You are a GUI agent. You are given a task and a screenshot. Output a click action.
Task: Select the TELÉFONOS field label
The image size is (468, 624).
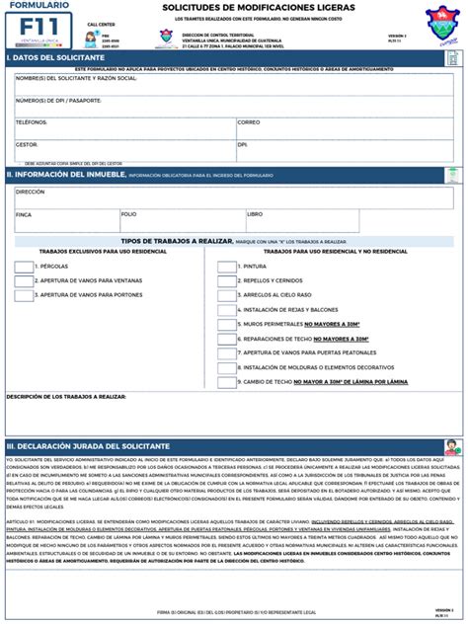tap(32, 122)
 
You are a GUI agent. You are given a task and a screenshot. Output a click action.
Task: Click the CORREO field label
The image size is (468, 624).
tap(248, 122)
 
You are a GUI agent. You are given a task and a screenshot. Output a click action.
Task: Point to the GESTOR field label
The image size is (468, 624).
tap(26, 144)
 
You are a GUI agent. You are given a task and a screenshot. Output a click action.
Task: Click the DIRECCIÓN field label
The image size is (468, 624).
tap(30, 192)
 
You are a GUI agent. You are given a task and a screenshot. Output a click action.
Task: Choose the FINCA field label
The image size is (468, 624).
tap(24, 213)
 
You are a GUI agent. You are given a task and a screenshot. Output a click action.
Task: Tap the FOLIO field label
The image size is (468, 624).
tap(128, 213)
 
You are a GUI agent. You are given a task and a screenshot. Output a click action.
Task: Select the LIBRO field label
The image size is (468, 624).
tap(255, 213)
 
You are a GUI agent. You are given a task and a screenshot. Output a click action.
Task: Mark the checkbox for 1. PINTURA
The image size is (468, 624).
tap(227, 267)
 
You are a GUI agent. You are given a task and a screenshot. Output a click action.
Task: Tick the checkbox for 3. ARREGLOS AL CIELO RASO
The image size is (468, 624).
tap(227, 295)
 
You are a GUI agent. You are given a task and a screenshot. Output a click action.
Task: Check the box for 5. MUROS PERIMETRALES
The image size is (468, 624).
tap(227, 324)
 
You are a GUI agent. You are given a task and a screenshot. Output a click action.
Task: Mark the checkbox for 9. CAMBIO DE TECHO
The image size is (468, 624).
tap(227, 381)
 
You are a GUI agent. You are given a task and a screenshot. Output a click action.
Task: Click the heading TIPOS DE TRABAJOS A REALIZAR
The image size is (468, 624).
tap(176, 241)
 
